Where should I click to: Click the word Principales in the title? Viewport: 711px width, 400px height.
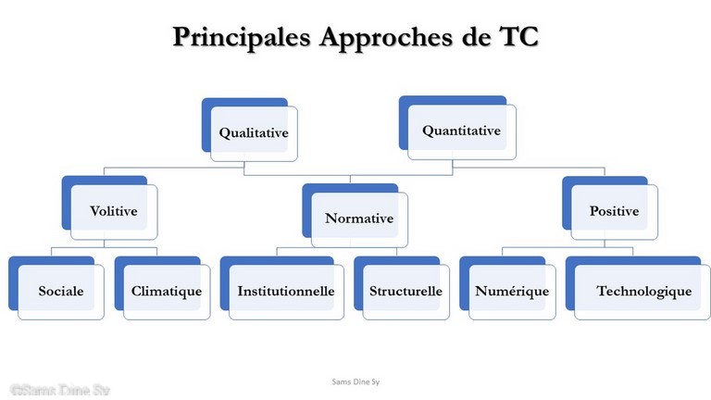pos(242,37)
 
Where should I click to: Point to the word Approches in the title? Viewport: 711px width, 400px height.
pos(387,37)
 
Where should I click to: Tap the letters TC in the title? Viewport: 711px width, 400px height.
pos(518,36)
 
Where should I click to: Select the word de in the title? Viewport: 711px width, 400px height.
pos(477,36)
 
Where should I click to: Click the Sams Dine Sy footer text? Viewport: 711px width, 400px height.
pos(355,381)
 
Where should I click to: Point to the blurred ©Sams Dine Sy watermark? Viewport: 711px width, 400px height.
pos(60,390)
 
